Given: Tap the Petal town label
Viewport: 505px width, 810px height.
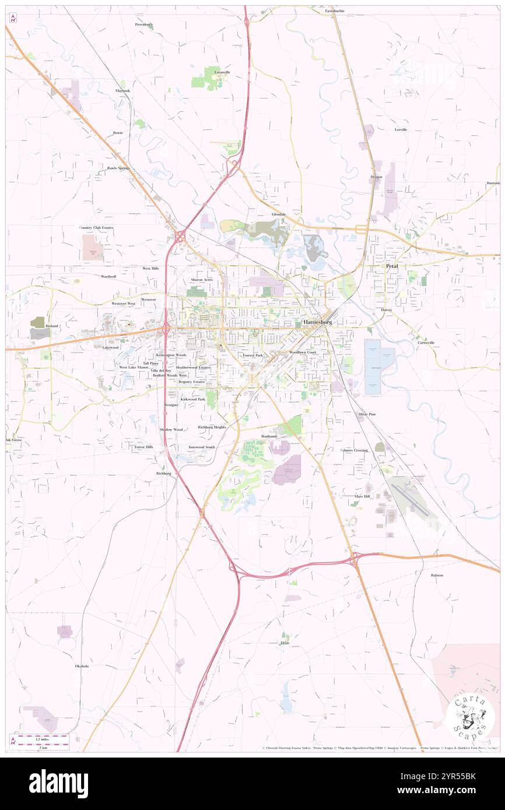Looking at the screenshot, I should [x=392, y=266].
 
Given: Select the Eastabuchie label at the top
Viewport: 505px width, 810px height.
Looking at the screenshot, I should [x=335, y=10].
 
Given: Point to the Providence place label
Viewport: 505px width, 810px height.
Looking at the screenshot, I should [x=143, y=24].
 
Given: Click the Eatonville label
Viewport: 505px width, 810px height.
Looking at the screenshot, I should [x=222, y=72].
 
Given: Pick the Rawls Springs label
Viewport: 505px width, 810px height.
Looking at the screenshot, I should [x=118, y=168].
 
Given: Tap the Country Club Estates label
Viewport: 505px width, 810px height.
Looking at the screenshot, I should [x=96, y=228].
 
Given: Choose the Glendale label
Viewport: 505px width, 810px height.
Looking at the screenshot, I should [x=279, y=214].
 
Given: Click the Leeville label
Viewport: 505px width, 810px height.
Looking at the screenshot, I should [x=401, y=129].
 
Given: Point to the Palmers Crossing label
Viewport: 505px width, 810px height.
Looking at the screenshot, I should [x=354, y=450].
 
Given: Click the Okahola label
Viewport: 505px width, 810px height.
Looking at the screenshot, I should [x=82, y=665].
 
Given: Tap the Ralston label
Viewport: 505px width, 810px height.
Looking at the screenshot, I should [x=437, y=575].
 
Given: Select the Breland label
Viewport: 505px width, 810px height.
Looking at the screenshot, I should [x=52, y=326].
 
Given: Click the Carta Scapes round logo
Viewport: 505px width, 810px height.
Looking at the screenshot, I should [x=470, y=716].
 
